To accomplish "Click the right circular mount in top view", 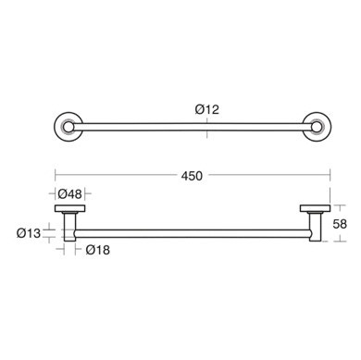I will [316, 127].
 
